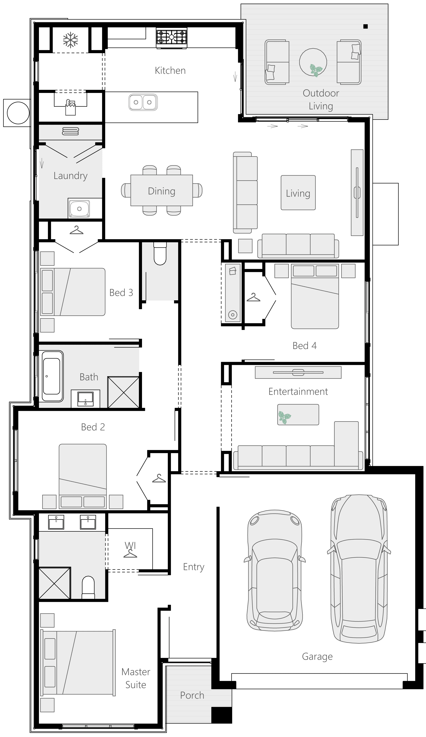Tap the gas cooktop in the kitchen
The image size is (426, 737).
(x=172, y=37)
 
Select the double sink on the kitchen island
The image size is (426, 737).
(x=143, y=102)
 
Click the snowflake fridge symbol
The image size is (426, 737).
(x=70, y=40)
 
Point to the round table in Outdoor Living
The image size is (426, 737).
(x=313, y=62)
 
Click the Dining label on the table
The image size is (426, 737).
(x=161, y=191)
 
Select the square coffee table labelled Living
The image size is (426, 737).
(x=298, y=193)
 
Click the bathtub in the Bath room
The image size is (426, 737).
(x=52, y=376)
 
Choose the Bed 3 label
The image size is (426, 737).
(x=121, y=292)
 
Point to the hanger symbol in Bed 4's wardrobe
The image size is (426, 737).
(x=253, y=297)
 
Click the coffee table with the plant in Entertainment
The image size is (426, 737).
(x=298, y=414)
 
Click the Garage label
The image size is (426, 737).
(x=317, y=657)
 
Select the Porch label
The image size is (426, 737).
(x=192, y=695)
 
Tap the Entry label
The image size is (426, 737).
(x=194, y=567)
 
